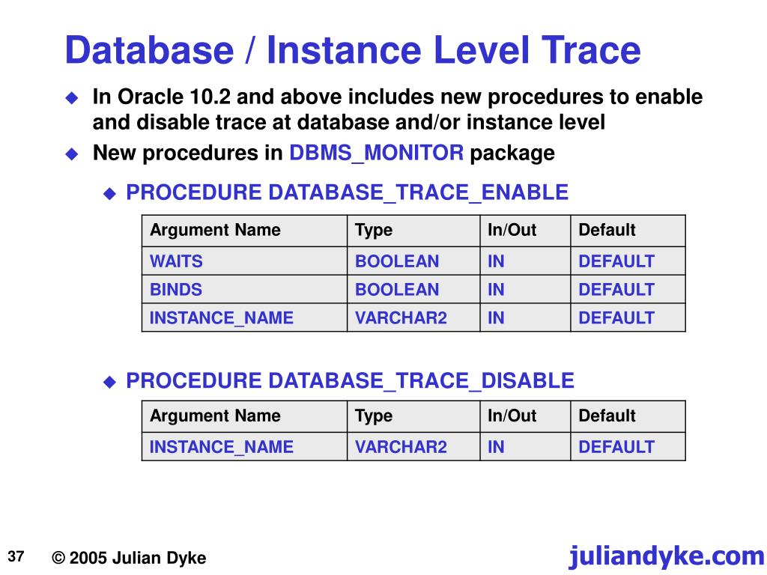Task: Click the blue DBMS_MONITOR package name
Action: click(x=377, y=153)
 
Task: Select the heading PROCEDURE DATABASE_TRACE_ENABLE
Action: click(x=347, y=192)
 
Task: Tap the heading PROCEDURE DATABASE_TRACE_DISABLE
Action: click(x=350, y=380)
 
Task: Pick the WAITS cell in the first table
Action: click(x=176, y=261)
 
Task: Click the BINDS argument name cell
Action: click(x=176, y=290)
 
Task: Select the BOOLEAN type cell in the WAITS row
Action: click(x=397, y=261)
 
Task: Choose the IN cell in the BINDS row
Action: click(x=496, y=290)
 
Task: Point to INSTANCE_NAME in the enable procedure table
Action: click(x=222, y=317)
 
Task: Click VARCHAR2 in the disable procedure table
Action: click(x=401, y=447)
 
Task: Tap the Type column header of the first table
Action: click(x=374, y=230)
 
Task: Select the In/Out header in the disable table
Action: click(x=512, y=416)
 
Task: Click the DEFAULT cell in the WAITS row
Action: click(x=616, y=261)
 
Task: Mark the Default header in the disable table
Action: click(x=607, y=416)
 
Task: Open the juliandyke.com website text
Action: click(x=666, y=556)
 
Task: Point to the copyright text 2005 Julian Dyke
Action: click(x=129, y=558)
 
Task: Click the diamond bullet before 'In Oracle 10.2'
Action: click(x=72, y=97)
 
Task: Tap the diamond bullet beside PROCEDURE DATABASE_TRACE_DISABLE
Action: click(x=109, y=382)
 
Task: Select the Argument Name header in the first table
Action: click(x=215, y=230)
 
